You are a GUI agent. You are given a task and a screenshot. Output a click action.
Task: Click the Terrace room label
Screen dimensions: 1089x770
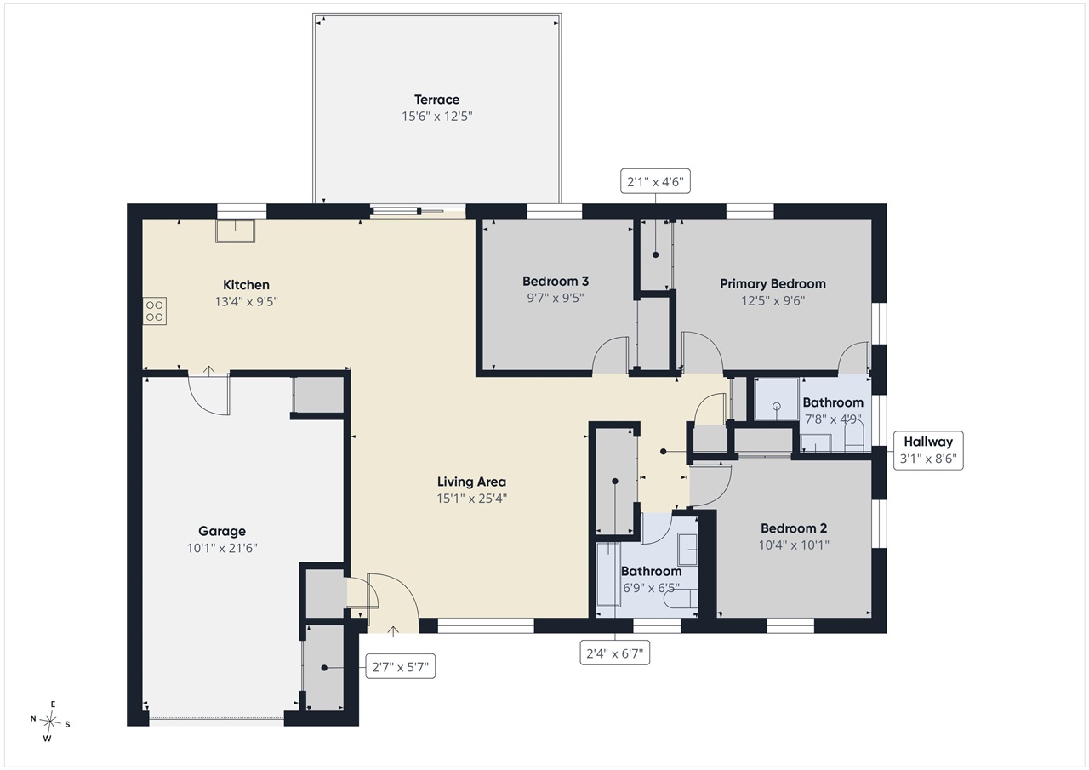point(436,100)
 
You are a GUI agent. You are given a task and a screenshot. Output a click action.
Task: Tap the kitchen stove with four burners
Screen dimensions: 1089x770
point(155,311)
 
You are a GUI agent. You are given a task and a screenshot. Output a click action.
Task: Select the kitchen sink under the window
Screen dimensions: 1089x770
point(236,231)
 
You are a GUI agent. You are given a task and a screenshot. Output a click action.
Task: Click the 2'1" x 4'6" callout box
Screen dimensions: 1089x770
point(655,181)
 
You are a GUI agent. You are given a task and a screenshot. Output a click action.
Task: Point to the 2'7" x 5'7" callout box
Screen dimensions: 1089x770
point(400,666)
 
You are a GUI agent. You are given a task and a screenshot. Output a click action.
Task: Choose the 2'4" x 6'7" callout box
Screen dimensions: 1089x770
point(615,653)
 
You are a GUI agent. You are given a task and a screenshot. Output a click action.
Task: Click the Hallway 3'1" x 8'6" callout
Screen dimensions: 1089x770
point(928,450)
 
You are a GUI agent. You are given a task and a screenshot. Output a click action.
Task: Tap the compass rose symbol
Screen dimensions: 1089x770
point(50,722)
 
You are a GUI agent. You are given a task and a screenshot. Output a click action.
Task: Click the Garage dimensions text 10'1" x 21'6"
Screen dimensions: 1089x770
point(222,548)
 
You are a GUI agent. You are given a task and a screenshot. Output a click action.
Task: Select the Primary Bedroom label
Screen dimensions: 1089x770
point(773,284)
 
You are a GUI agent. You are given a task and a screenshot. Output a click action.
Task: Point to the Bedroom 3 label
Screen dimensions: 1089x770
point(556,281)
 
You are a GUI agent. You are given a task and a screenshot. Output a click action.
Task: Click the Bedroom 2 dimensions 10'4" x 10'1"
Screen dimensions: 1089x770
point(794,545)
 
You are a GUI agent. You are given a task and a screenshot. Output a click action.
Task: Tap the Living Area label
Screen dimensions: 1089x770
point(471,482)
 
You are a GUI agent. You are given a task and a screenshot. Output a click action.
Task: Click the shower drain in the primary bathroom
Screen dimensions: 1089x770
point(777,406)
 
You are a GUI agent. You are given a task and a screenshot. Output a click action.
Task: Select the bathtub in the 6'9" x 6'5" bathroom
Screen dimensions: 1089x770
point(608,574)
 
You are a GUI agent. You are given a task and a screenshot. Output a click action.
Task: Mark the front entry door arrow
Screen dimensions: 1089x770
point(393,631)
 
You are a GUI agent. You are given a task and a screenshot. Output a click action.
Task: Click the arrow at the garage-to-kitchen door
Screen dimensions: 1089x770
point(208,370)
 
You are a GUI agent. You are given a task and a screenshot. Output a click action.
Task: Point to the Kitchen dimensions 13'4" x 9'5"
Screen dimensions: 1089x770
point(246,302)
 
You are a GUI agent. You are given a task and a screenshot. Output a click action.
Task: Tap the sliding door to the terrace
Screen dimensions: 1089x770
point(408,211)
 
